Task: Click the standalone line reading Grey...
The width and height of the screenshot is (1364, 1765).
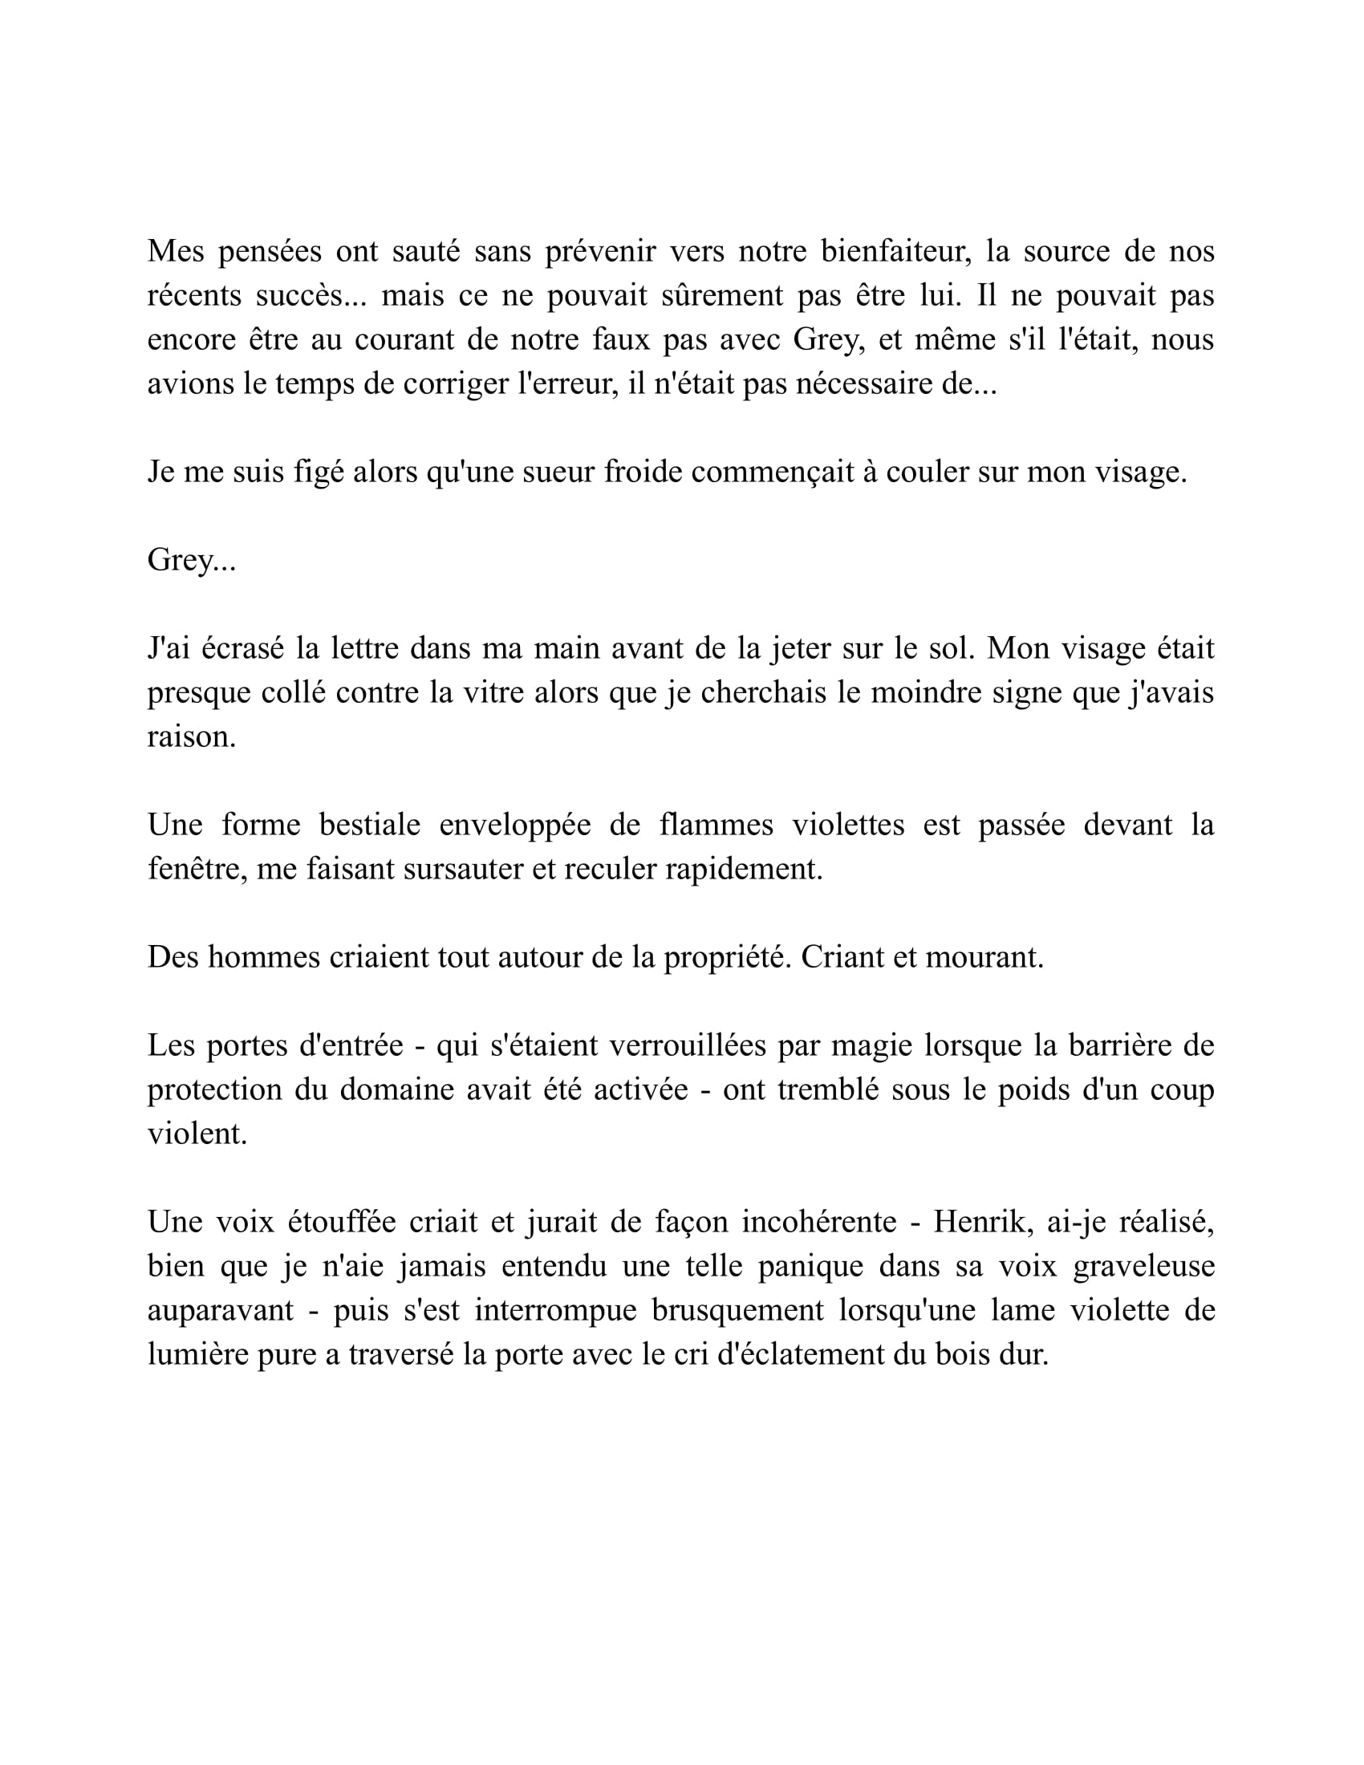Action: pos(191,560)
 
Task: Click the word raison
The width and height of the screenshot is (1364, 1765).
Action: pos(191,737)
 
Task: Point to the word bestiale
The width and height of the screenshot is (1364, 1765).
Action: pos(370,825)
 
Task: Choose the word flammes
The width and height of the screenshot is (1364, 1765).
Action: pos(716,825)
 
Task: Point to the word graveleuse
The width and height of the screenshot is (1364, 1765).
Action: pos(1143,1266)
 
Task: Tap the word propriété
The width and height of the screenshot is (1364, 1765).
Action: pos(726,958)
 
